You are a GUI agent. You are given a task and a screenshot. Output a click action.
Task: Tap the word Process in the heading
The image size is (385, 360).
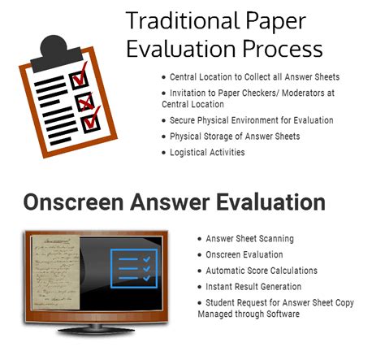283,50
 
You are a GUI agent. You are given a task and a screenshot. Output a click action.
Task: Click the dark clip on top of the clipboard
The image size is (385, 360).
55,54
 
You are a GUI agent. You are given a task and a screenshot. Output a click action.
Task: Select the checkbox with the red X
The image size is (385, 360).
84,102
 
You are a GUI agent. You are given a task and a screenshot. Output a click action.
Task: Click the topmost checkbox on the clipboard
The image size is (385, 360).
79,80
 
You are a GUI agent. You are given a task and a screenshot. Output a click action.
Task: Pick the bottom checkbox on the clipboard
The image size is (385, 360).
91,124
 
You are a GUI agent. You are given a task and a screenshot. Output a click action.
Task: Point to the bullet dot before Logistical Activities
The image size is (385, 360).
163,153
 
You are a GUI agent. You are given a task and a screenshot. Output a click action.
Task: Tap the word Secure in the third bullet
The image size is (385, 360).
182,120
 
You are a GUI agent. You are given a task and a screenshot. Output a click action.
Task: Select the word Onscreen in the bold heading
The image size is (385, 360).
73,202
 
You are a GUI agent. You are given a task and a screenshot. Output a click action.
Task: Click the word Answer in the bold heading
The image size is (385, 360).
170,202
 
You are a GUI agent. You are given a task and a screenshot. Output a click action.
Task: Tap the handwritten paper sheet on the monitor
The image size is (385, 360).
55,272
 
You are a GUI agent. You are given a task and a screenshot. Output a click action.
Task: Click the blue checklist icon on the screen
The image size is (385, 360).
134,268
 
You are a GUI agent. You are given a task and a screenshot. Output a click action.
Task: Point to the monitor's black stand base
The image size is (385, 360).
96,329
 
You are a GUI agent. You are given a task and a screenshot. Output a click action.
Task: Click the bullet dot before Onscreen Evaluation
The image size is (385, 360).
200,255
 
